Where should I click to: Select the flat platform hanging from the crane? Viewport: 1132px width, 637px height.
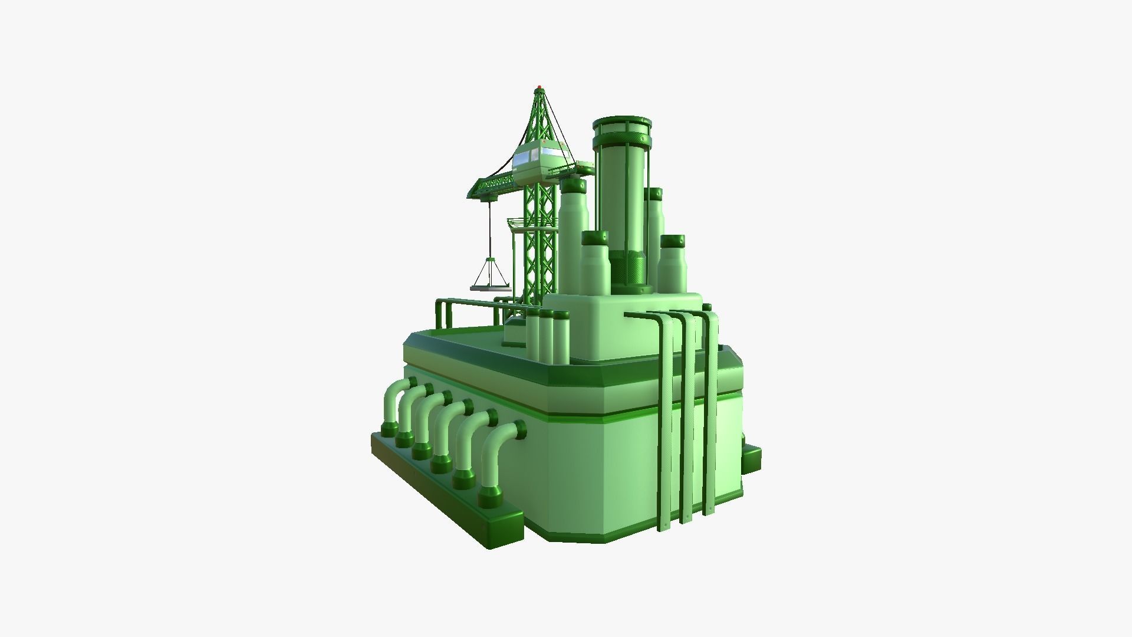point(489,288)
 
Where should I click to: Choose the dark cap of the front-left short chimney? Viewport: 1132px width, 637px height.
point(595,238)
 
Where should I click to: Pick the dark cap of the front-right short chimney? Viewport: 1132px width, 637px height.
point(672,242)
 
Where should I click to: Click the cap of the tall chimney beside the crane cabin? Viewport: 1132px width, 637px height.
point(573,186)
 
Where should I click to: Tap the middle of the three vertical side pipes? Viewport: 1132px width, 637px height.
point(686,419)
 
